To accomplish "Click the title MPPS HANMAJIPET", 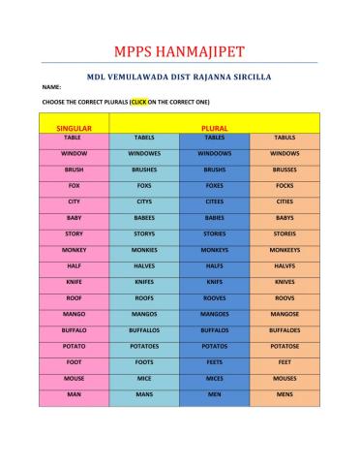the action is (x=179, y=48).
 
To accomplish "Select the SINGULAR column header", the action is (x=74, y=127).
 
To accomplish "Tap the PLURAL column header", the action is (x=214, y=127).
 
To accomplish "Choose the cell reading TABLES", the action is (x=214, y=138).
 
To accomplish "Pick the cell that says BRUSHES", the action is (x=144, y=169).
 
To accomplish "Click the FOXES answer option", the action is (x=214, y=185).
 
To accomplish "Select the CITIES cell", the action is (x=285, y=201).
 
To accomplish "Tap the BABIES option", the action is (x=214, y=217).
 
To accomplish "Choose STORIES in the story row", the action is (x=214, y=233).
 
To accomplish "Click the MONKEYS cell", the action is (x=214, y=250).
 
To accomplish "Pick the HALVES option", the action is (x=144, y=265).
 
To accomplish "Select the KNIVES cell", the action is (x=285, y=282).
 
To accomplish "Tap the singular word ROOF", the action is (x=74, y=297).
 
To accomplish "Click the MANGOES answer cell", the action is (x=214, y=314).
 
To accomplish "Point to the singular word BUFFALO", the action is (x=74, y=330).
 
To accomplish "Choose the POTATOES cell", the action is (x=144, y=346).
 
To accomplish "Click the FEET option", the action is (x=285, y=362).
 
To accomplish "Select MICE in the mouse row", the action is (x=144, y=379).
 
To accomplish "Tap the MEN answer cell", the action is (x=214, y=394).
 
